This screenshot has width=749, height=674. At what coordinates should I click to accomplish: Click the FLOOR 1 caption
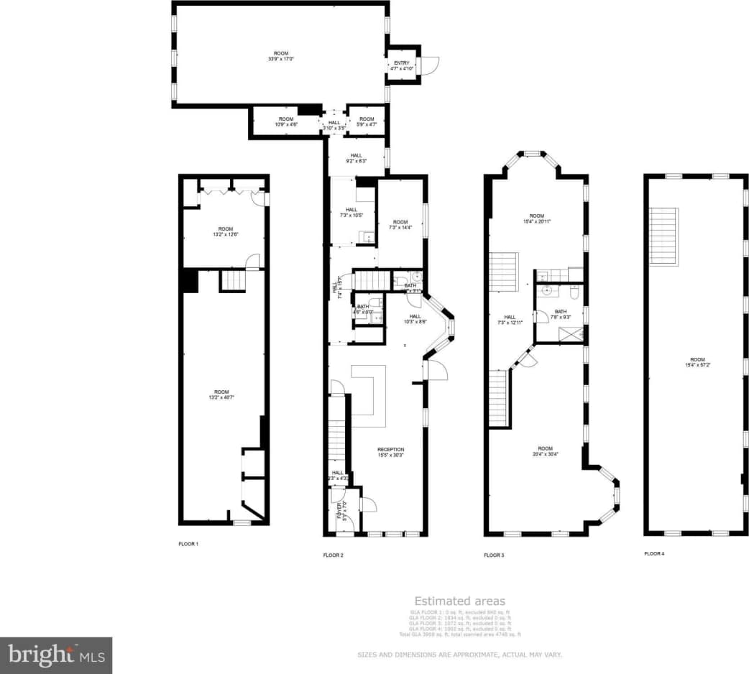tap(188, 544)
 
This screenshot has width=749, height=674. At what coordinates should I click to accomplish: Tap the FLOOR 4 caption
tap(654, 553)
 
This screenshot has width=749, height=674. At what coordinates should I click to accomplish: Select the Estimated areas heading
tap(459, 601)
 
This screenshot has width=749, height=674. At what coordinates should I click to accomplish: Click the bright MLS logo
tap(56, 655)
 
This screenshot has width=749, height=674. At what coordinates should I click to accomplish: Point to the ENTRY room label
tap(401, 65)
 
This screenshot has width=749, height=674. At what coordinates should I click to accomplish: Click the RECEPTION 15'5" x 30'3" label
tap(390, 452)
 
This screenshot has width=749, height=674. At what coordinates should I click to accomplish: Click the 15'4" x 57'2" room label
tap(697, 362)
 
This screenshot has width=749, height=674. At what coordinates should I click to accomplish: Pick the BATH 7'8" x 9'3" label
tap(561, 314)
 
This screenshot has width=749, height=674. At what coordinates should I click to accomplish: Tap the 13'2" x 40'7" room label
tap(221, 394)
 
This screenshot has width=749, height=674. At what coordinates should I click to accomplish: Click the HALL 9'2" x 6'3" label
tap(357, 158)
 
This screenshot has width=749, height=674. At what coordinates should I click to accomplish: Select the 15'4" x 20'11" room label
tap(537, 218)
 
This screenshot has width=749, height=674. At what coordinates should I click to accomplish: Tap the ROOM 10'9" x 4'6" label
tap(286, 121)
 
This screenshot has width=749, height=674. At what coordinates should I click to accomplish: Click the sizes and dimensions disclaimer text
tap(459, 655)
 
